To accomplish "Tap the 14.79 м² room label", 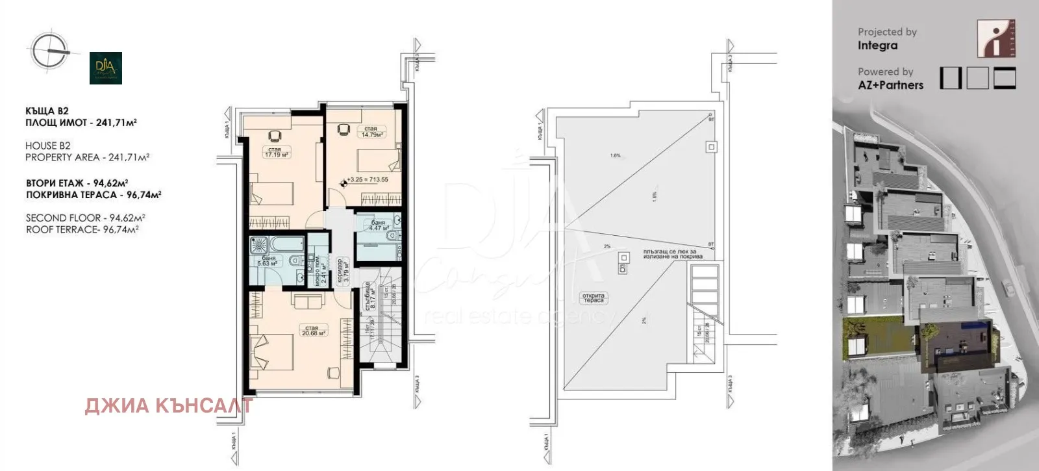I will pyautogui.click(x=371, y=132).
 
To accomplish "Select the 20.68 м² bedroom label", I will pyautogui.click(x=312, y=331).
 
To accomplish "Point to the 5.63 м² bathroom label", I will pyautogui.click(x=268, y=261).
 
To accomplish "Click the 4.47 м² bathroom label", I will pyautogui.click(x=378, y=225).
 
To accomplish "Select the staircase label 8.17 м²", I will pyautogui.click(x=369, y=296).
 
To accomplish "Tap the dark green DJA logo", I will pyautogui.click(x=106, y=68).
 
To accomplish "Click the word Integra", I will pyautogui.click(x=877, y=45).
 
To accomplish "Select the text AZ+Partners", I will pyautogui.click(x=890, y=85).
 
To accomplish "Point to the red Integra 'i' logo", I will pyautogui.click(x=996, y=38).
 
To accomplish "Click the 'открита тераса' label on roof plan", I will pyautogui.click(x=593, y=298).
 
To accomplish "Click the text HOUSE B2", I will pyautogui.click(x=48, y=146).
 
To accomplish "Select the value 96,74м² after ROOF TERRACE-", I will pyautogui.click(x=121, y=229).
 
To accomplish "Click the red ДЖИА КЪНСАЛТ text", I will pyautogui.click(x=168, y=406).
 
